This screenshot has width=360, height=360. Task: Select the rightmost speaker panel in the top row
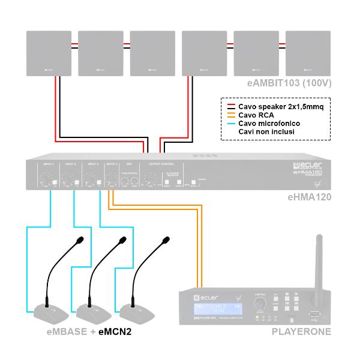(x=308, y=53)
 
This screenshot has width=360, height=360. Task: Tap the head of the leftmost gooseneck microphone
(x=80, y=241)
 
